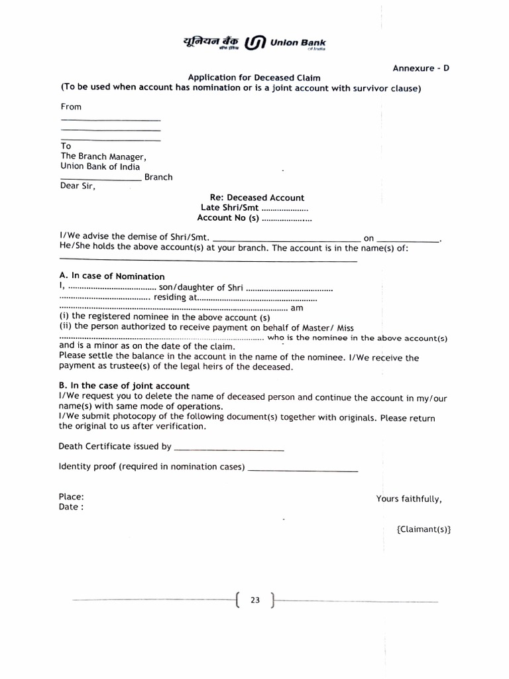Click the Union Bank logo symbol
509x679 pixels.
tap(256, 44)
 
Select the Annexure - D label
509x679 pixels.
tap(421, 68)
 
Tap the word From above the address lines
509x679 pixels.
tap(71, 107)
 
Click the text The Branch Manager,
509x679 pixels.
tap(103, 156)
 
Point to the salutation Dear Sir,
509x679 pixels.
tap(78, 186)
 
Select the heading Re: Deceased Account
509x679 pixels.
tap(256, 198)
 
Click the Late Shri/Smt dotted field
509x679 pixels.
tap(285, 208)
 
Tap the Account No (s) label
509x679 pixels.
tap(227, 218)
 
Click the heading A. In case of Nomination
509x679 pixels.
tap(111, 277)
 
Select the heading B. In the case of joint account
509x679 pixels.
tap(124, 386)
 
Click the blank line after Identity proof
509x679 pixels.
tap(303, 469)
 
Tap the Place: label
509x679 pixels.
tap(71, 497)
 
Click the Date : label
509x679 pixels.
tap(71, 507)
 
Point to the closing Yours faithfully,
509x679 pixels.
tap(408, 499)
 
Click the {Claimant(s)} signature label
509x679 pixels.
tap(424, 529)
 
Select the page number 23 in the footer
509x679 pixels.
tap(255, 601)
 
